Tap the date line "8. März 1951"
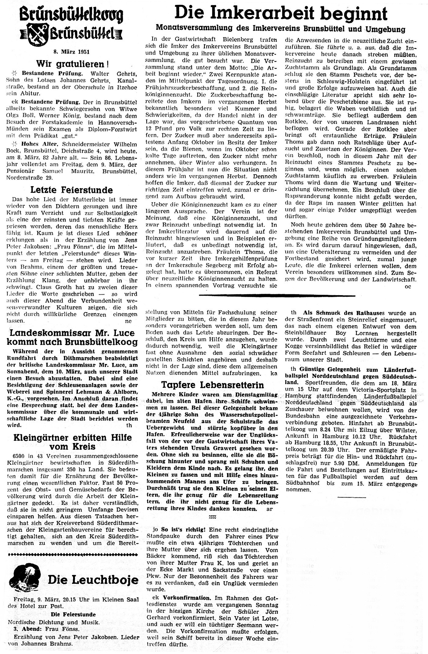click(72, 52)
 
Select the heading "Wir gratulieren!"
click(72, 64)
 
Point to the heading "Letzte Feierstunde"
click(72, 190)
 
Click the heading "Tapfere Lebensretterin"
click(212, 385)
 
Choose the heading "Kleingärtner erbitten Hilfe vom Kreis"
click(72, 442)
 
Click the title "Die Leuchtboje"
click(93, 580)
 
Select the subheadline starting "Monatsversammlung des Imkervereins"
click(281, 29)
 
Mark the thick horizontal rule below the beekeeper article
click(277, 296)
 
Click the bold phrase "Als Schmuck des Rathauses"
click(344, 313)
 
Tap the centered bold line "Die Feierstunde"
click(73, 614)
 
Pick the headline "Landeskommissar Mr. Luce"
click(72, 333)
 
